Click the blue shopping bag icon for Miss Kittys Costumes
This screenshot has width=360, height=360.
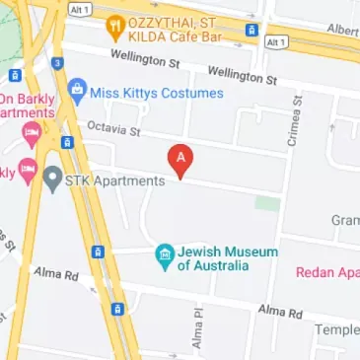(76, 93)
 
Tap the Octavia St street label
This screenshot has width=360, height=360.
(114, 129)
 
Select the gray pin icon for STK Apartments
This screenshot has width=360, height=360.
(52, 180)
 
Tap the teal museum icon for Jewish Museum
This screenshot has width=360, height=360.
(164, 258)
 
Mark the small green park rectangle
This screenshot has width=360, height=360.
(267, 202)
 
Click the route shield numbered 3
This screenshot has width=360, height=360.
(58, 64)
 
